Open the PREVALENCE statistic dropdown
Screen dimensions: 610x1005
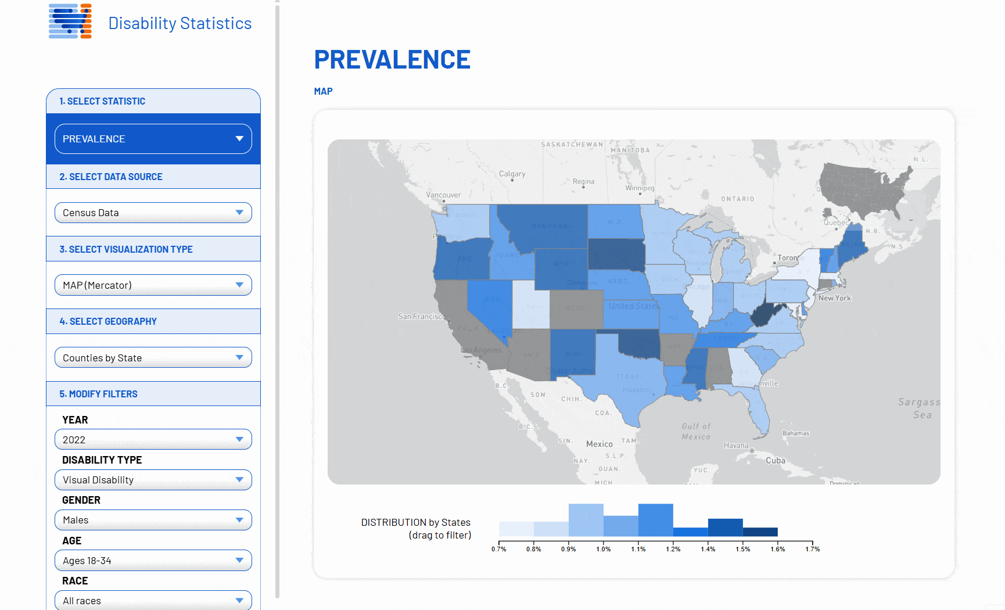tap(153, 139)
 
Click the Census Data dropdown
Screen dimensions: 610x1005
tap(153, 213)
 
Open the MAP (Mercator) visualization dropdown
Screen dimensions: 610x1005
tap(153, 285)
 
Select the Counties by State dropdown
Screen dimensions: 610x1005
tap(153, 358)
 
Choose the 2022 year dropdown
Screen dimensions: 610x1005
tap(153, 440)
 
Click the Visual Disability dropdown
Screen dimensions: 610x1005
tap(153, 480)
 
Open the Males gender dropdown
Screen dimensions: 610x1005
tap(153, 520)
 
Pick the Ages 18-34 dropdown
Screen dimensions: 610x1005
tap(153, 561)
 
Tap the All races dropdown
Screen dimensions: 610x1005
tap(153, 600)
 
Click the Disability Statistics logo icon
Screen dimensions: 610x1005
tap(70, 21)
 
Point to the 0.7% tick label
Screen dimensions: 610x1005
tap(498, 549)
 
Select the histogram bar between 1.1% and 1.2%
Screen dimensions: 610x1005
tap(655, 521)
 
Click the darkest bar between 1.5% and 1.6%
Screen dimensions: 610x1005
tap(760, 532)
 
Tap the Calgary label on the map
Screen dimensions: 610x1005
tap(512, 174)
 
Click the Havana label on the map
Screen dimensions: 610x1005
tap(736, 446)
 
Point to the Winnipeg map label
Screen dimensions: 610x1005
tap(640, 188)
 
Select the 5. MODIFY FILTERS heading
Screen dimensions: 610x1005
tap(99, 394)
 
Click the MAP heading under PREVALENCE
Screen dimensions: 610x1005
tap(323, 91)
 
